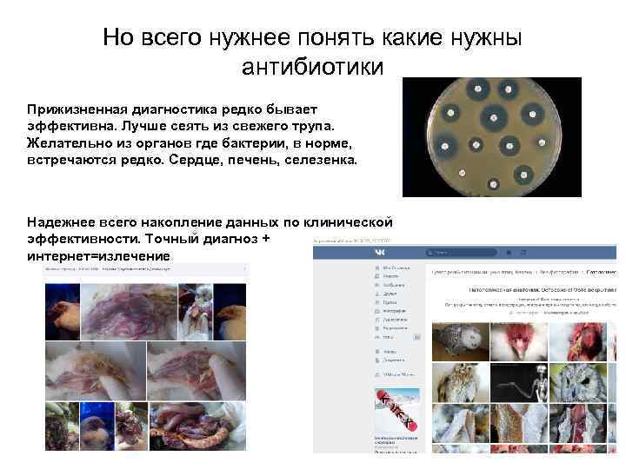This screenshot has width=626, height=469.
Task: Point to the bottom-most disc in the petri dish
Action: point(494,185)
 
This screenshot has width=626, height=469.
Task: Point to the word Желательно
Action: point(70,143)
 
